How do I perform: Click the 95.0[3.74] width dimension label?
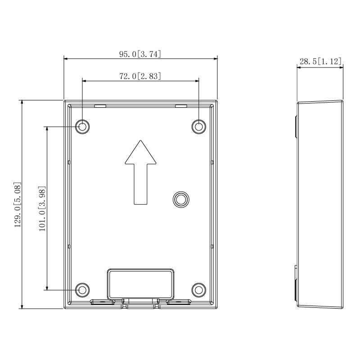(140, 54)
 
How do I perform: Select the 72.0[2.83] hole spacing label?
(140, 76)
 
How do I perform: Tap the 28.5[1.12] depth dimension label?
(320, 62)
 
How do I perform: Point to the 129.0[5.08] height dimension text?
(18, 205)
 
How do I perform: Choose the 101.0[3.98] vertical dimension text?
(42, 208)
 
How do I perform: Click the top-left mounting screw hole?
(82, 126)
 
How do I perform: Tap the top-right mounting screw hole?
(199, 126)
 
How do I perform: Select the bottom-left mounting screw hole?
(82, 290)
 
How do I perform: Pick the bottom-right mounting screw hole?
(199, 290)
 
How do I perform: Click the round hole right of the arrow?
(181, 199)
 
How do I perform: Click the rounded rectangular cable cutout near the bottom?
(140, 284)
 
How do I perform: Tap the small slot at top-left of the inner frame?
(100, 106)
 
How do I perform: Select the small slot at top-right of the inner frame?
(181, 106)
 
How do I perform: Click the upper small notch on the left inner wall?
(69, 162)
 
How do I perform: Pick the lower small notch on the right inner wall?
(212, 246)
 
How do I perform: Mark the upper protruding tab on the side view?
(296, 127)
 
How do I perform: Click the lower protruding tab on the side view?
(296, 283)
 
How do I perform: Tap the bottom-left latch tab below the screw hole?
(103, 302)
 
